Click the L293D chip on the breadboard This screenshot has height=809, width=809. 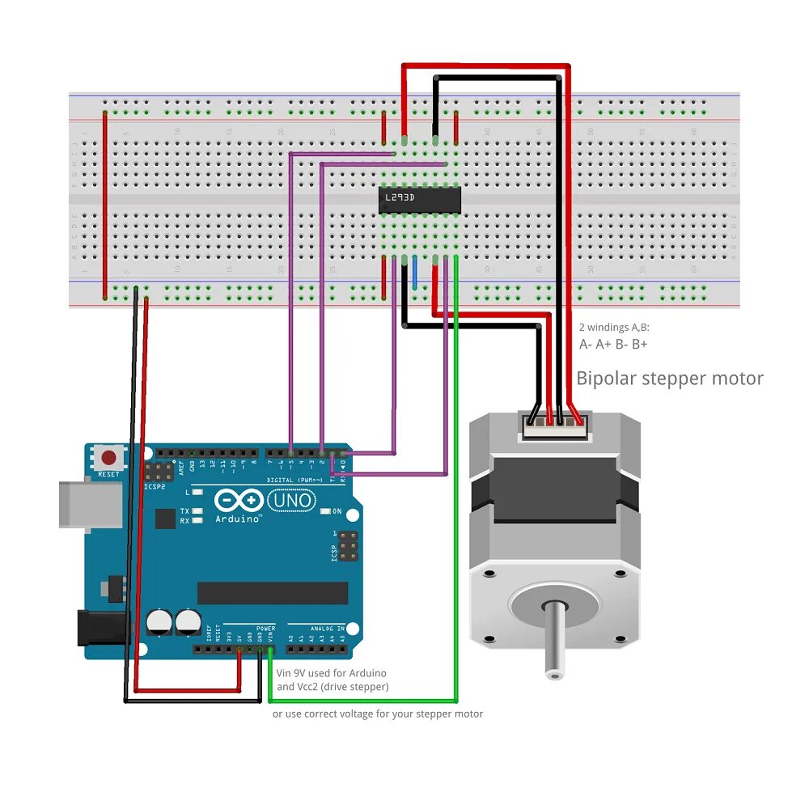point(420,199)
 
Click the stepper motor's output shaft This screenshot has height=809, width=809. point(553,639)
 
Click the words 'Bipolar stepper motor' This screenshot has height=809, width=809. point(669,378)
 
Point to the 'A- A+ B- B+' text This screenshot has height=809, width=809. point(613,345)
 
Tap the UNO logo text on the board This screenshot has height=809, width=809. point(291,501)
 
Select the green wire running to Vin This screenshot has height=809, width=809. point(455,485)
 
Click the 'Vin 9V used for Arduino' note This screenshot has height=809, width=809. point(331,673)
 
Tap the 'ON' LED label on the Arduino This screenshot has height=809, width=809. point(337,511)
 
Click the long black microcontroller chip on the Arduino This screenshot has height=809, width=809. point(273,593)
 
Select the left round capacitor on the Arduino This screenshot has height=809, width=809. point(159,621)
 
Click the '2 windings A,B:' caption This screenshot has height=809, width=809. point(614,328)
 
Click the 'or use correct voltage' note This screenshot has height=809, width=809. point(377,714)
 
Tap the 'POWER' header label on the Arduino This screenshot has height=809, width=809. point(265,628)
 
